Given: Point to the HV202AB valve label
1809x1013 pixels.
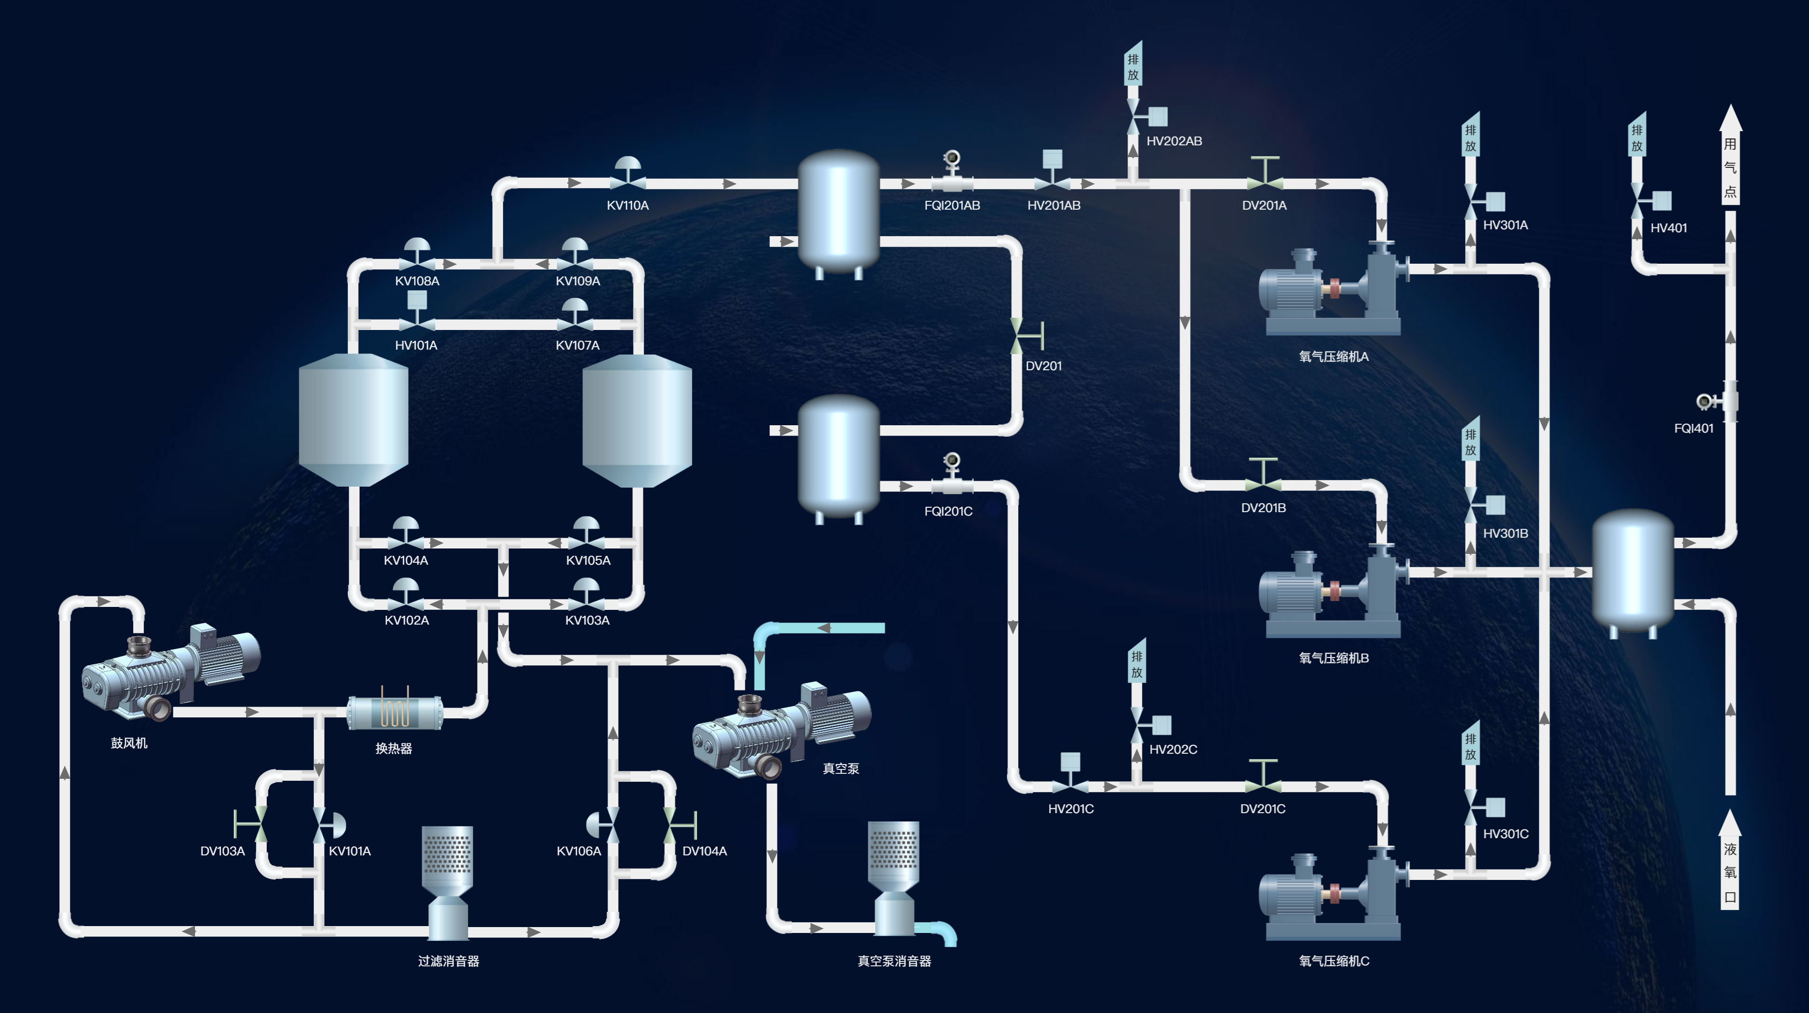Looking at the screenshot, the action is [x=1174, y=141].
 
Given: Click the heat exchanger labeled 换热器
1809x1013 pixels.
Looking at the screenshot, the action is [x=395, y=710].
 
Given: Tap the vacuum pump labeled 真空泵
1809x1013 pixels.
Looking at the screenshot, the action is [x=781, y=731].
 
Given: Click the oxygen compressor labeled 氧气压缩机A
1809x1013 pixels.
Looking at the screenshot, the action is [x=1334, y=289].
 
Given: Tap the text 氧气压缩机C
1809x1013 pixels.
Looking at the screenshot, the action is [x=1334, y=961].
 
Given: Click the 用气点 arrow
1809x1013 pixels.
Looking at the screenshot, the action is [x=1730, y=155].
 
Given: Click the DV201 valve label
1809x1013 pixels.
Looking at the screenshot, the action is [x=1044, y=366].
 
